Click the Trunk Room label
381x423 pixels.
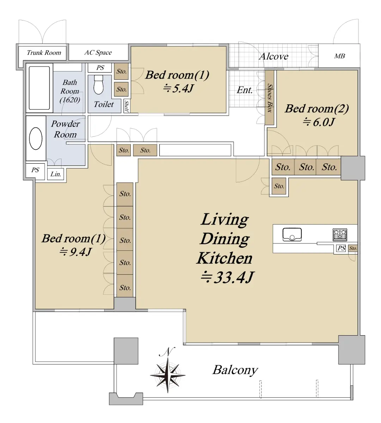44,53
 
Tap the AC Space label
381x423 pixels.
98,53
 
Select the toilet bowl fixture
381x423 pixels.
98,85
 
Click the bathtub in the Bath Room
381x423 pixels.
39,88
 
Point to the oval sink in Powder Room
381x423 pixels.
36,139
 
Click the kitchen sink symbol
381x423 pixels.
292,234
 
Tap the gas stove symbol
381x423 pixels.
340,235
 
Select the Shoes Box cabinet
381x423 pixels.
270,97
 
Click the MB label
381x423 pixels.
339,56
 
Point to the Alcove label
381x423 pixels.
274,56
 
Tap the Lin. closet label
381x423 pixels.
56,174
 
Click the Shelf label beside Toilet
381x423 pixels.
127,106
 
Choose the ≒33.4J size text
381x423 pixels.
227,277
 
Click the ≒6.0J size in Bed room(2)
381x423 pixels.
319,122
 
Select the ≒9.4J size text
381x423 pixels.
75,252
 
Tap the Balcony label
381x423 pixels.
235,370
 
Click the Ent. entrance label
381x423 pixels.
245,90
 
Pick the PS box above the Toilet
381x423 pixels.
100,68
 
